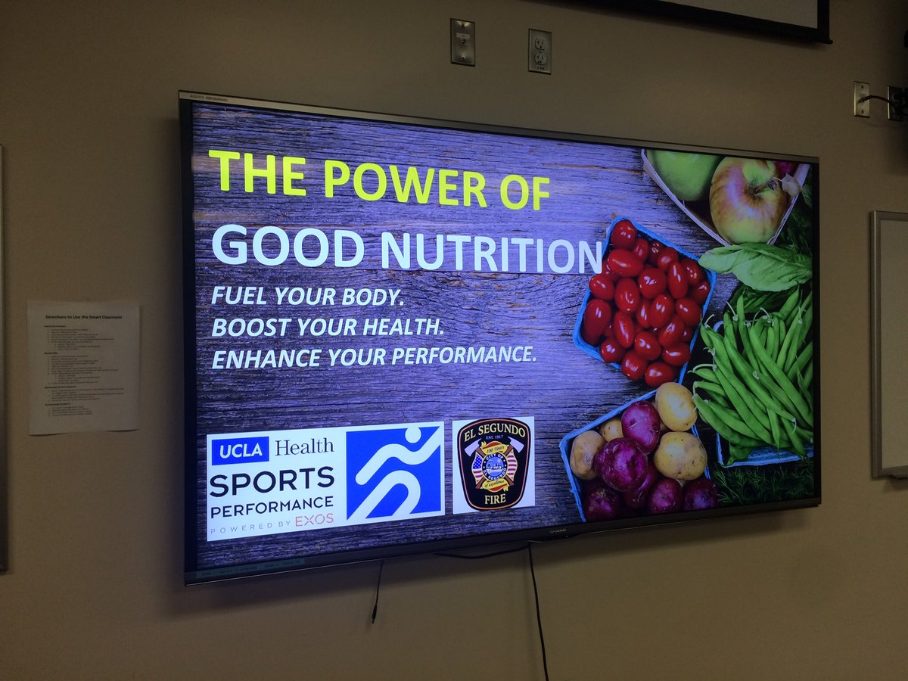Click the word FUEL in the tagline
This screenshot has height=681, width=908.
tap(240, 294)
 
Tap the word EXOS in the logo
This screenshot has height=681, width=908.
tap(314, 521)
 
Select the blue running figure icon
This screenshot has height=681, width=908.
tap(394, 472)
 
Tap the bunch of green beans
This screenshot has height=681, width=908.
tap(757, 371)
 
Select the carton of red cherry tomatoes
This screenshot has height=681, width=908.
tap(643, 303)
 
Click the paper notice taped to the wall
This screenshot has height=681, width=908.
tap(83, 367)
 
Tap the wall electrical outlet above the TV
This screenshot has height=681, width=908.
tap(540, 51)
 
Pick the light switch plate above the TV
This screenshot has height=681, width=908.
tap(462, 42)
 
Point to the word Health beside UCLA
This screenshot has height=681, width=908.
tap(305, 446)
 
